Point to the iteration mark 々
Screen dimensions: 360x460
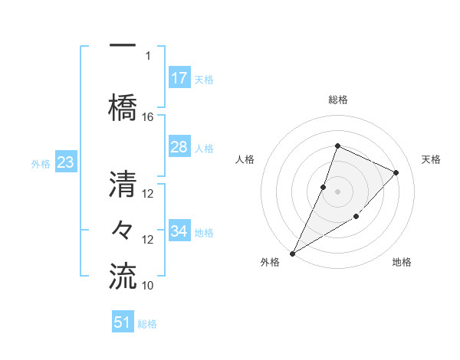coord(123,229)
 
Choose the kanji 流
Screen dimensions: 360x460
coord(123,275)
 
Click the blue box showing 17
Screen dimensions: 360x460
coord(179,78)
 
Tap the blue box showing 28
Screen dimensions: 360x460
coord(179,147)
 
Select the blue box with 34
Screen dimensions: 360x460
coord(179,231)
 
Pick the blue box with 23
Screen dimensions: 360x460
coord(65,162)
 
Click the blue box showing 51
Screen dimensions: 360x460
coord(123,322)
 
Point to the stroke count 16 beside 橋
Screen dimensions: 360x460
coord(148,116)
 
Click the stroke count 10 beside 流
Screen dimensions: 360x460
coord(148,285)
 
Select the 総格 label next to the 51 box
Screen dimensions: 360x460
coord(147,324)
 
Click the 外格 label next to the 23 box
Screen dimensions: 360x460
coord(41,163)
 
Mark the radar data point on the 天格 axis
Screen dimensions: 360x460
coord(396,172)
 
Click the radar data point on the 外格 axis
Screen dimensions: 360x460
coord(292,253)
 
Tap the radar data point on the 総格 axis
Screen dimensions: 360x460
coord(337,146)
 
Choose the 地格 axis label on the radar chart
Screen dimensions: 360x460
coord(402,263)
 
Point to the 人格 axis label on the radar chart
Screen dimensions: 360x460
coord(245,159)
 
